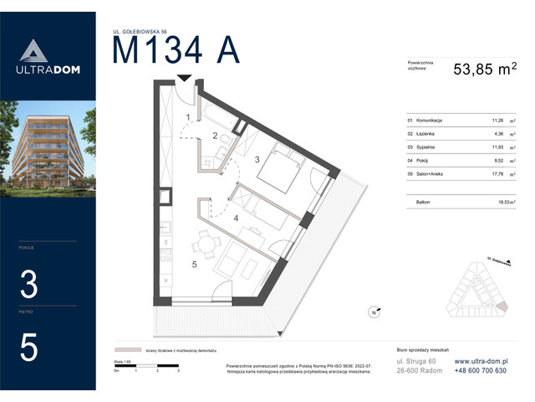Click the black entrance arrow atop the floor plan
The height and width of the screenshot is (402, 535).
click(x=185, y=79)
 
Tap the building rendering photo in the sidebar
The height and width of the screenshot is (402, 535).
click(x=48, y=148)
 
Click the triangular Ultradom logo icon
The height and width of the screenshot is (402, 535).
click(x=30, y=50)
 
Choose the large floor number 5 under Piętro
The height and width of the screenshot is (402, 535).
click(x=29, y=348)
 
